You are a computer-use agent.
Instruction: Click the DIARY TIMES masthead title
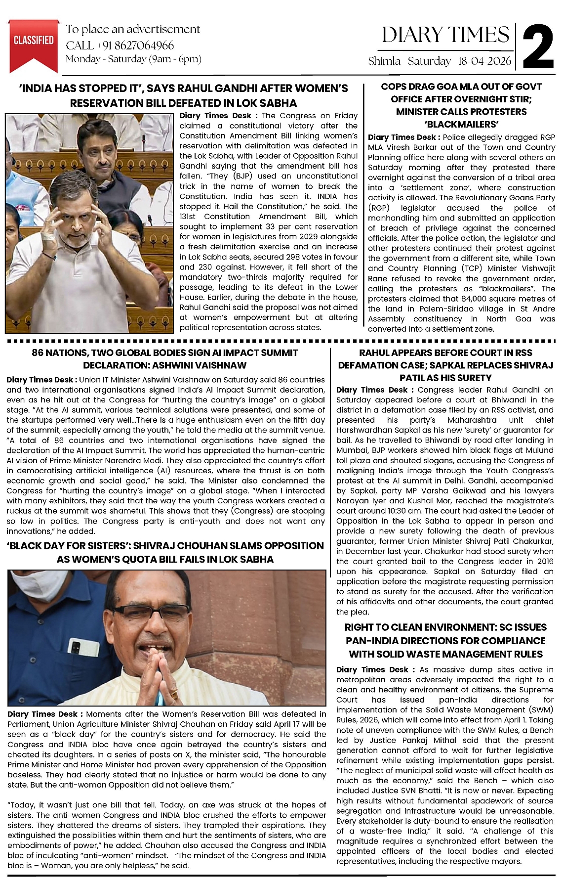445,35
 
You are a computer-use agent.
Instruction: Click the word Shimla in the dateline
384,61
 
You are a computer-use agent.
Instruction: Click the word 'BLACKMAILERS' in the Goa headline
461,124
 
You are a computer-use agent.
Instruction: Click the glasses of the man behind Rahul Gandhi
99,145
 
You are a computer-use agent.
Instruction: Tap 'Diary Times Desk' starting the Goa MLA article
402,137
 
